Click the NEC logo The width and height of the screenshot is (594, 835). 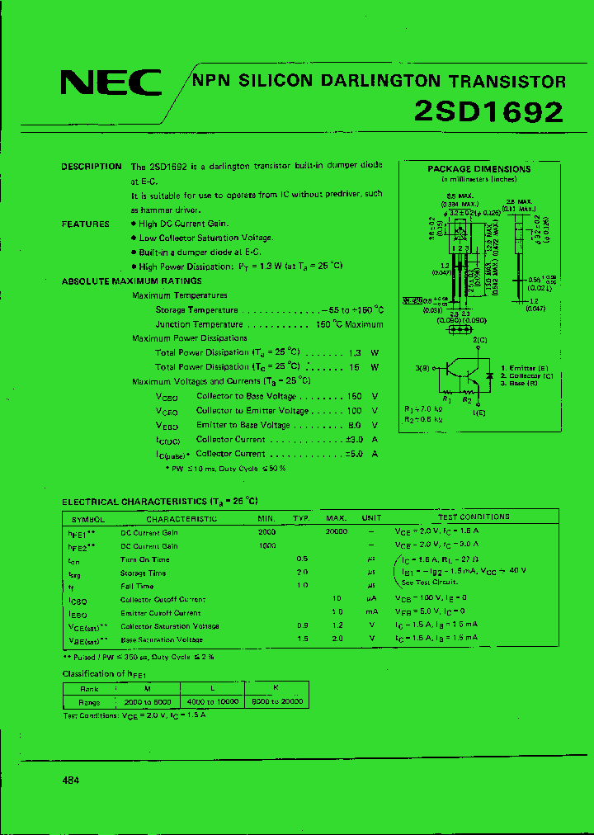click(x=111, y=83)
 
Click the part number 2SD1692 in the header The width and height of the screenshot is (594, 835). click(x=488, y=112)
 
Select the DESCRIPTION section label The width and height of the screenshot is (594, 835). click(x=92, y=166)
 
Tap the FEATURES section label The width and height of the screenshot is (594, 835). click(x=85, y=224)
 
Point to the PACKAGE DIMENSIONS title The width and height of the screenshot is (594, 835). click(x=478, y=169)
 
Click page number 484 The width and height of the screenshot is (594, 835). click(x=71, y=780)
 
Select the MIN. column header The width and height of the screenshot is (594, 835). click(x=266, y=518)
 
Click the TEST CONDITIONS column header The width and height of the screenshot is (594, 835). click(x=474, y=517)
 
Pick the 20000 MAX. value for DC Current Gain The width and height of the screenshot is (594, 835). click(x=336, y=532)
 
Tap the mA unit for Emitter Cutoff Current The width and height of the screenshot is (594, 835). click(x=372, y=613)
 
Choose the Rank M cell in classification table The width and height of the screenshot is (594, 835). click(x=148, y=687)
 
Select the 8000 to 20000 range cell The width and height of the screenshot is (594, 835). click(x=275, y=701)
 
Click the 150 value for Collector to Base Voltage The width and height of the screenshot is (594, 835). click(x=355, y=396)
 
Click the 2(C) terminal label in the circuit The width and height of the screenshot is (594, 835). click(x=480, y=340)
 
